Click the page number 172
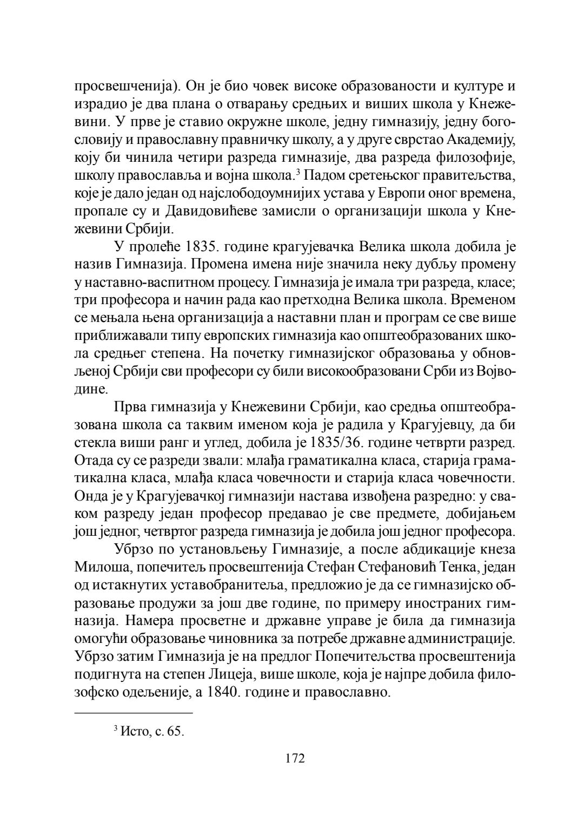[295, 758]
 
